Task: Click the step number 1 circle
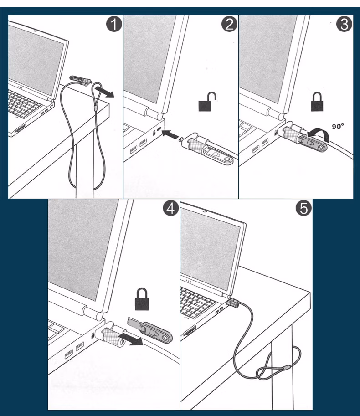coord(114,24)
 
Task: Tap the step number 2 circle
coord(229,24)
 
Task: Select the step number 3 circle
coord(344,24)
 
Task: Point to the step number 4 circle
coord(171,208)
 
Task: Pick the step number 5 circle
coord(303,208)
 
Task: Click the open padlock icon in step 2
coord(207,102)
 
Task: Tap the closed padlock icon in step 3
coord(317,102)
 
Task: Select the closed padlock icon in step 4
coord(142,299)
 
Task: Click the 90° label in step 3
coord(338,126)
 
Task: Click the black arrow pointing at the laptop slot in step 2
coord(170,134)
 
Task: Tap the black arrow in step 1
coord(104,91)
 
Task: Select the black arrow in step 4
coord(131,339)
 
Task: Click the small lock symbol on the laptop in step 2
coord(154,132)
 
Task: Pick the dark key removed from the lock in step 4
coord(151,329)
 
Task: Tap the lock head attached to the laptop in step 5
coord(233,303)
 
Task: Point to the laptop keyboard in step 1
coord(24,103)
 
